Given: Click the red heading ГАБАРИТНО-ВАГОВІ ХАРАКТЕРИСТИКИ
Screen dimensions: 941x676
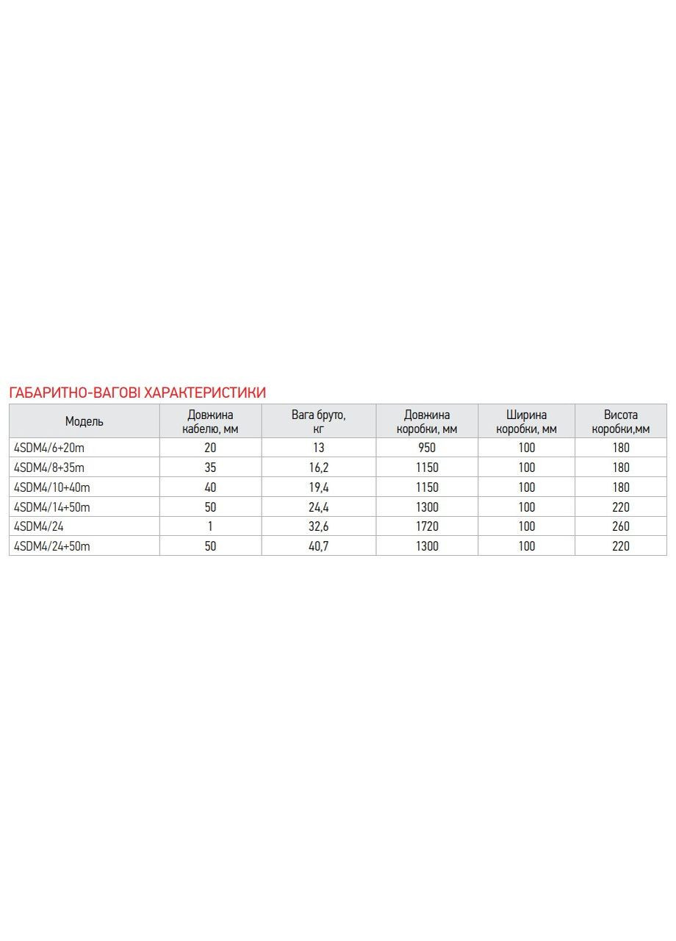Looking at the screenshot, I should tap(137, 392).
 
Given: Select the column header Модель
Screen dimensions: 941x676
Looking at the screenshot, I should tap(84, 421).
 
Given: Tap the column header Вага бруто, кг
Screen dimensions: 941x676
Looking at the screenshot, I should tap(318, 421).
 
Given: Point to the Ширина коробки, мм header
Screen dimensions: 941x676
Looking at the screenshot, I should tap(526, 421).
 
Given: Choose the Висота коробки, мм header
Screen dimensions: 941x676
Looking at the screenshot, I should tap(621, 421).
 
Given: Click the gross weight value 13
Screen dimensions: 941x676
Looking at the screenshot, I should tap(318, 447).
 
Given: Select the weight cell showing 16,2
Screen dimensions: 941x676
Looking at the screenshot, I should tap(318, 467).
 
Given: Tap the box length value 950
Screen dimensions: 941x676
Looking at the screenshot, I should tap(427, 447).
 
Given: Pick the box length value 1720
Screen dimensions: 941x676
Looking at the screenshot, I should tap(427, 526).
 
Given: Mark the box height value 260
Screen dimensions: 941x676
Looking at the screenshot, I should tap(621, 526).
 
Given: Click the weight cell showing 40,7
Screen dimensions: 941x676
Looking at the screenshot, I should tap(318, 546).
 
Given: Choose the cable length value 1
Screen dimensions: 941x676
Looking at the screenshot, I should tap(210, 526).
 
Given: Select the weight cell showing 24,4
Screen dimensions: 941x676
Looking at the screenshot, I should tap(318, 507).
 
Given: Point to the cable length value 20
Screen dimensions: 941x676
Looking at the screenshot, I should tap(210, 447).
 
